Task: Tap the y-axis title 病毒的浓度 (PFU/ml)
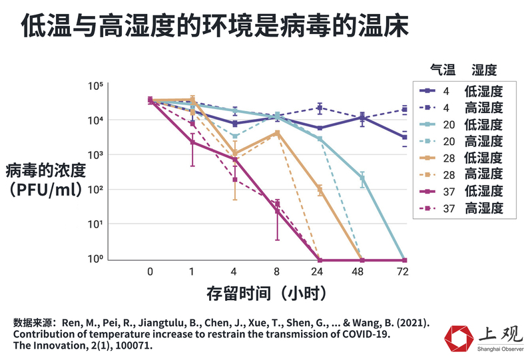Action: pos(47,179)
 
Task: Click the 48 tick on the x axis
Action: pos(362,271)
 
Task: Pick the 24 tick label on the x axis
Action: pos(320,271)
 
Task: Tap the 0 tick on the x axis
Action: pos(150,271)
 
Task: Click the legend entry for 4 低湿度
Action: pos(460,90)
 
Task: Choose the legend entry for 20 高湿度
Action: pos(460,141)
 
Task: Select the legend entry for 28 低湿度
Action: pos(460,158)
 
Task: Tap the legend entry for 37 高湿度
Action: pos(460,208)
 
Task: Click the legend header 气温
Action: pos(443,69)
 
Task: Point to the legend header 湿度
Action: pos(484,69)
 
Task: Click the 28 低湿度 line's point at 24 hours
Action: pos(320,190)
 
